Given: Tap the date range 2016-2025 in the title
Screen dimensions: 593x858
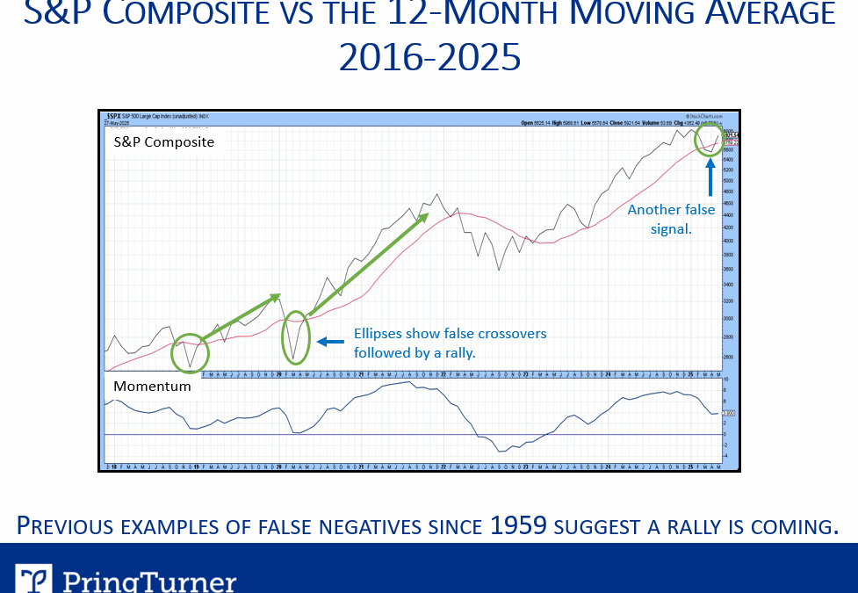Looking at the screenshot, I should pos(429,58).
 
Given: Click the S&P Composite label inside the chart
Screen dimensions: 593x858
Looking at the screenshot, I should pos(163,141).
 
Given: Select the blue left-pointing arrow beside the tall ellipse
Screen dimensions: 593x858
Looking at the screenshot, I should pos(329,342).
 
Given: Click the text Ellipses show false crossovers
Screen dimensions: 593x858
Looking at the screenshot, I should pos(450,334).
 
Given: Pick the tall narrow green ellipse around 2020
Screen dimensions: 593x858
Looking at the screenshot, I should pos(297,337).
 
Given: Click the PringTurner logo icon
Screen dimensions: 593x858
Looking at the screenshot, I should pos(33,579).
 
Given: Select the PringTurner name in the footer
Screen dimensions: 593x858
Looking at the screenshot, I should pos(149,581).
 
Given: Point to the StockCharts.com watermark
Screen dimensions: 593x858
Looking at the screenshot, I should pos(705,115).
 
